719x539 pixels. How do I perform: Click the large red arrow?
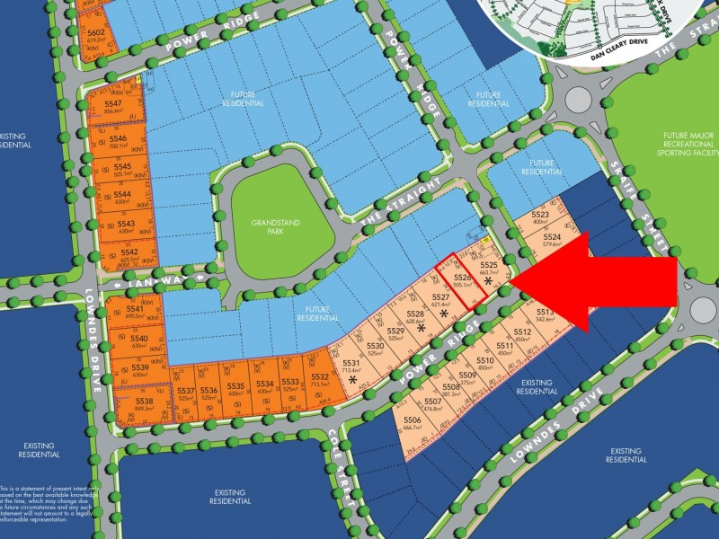(602, 283)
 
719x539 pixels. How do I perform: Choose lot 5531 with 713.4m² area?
(351, 366)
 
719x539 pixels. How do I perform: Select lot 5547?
(113, 108)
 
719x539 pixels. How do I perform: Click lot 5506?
(413, 424)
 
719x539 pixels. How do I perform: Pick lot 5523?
(540, 217)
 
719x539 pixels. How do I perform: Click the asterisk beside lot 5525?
(488, 282)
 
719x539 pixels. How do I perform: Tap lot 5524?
(552, 240)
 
